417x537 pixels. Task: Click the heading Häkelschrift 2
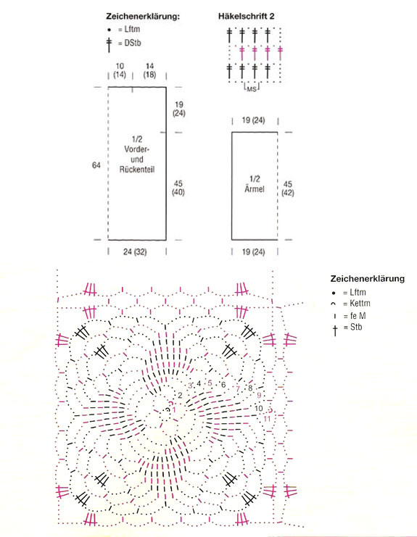tap(246, 16)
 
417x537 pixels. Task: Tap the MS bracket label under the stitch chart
tap(252, 89)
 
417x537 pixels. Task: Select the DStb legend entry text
tap(133, 43)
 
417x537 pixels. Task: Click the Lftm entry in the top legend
tap(132, 30)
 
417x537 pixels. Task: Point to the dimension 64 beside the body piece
tap(96, 165)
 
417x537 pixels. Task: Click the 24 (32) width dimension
tap(135, 252)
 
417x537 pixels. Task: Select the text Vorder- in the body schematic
tap(137, 149)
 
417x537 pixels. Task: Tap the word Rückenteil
tap(137, 169)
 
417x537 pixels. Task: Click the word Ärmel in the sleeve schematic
tap(255, 188)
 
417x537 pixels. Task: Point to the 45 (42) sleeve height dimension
tap(288, 188)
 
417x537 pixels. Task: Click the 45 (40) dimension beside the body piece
tap(178, 188)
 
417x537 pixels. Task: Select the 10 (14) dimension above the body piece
tap(120, 70)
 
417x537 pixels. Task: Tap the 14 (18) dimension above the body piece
tap(149, 70)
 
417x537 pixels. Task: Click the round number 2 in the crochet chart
tap(180, 396)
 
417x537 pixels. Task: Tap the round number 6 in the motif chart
tap(223, 385)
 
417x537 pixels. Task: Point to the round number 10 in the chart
tap(259, 408)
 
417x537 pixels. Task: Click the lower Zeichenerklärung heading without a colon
tap(367, 278)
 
